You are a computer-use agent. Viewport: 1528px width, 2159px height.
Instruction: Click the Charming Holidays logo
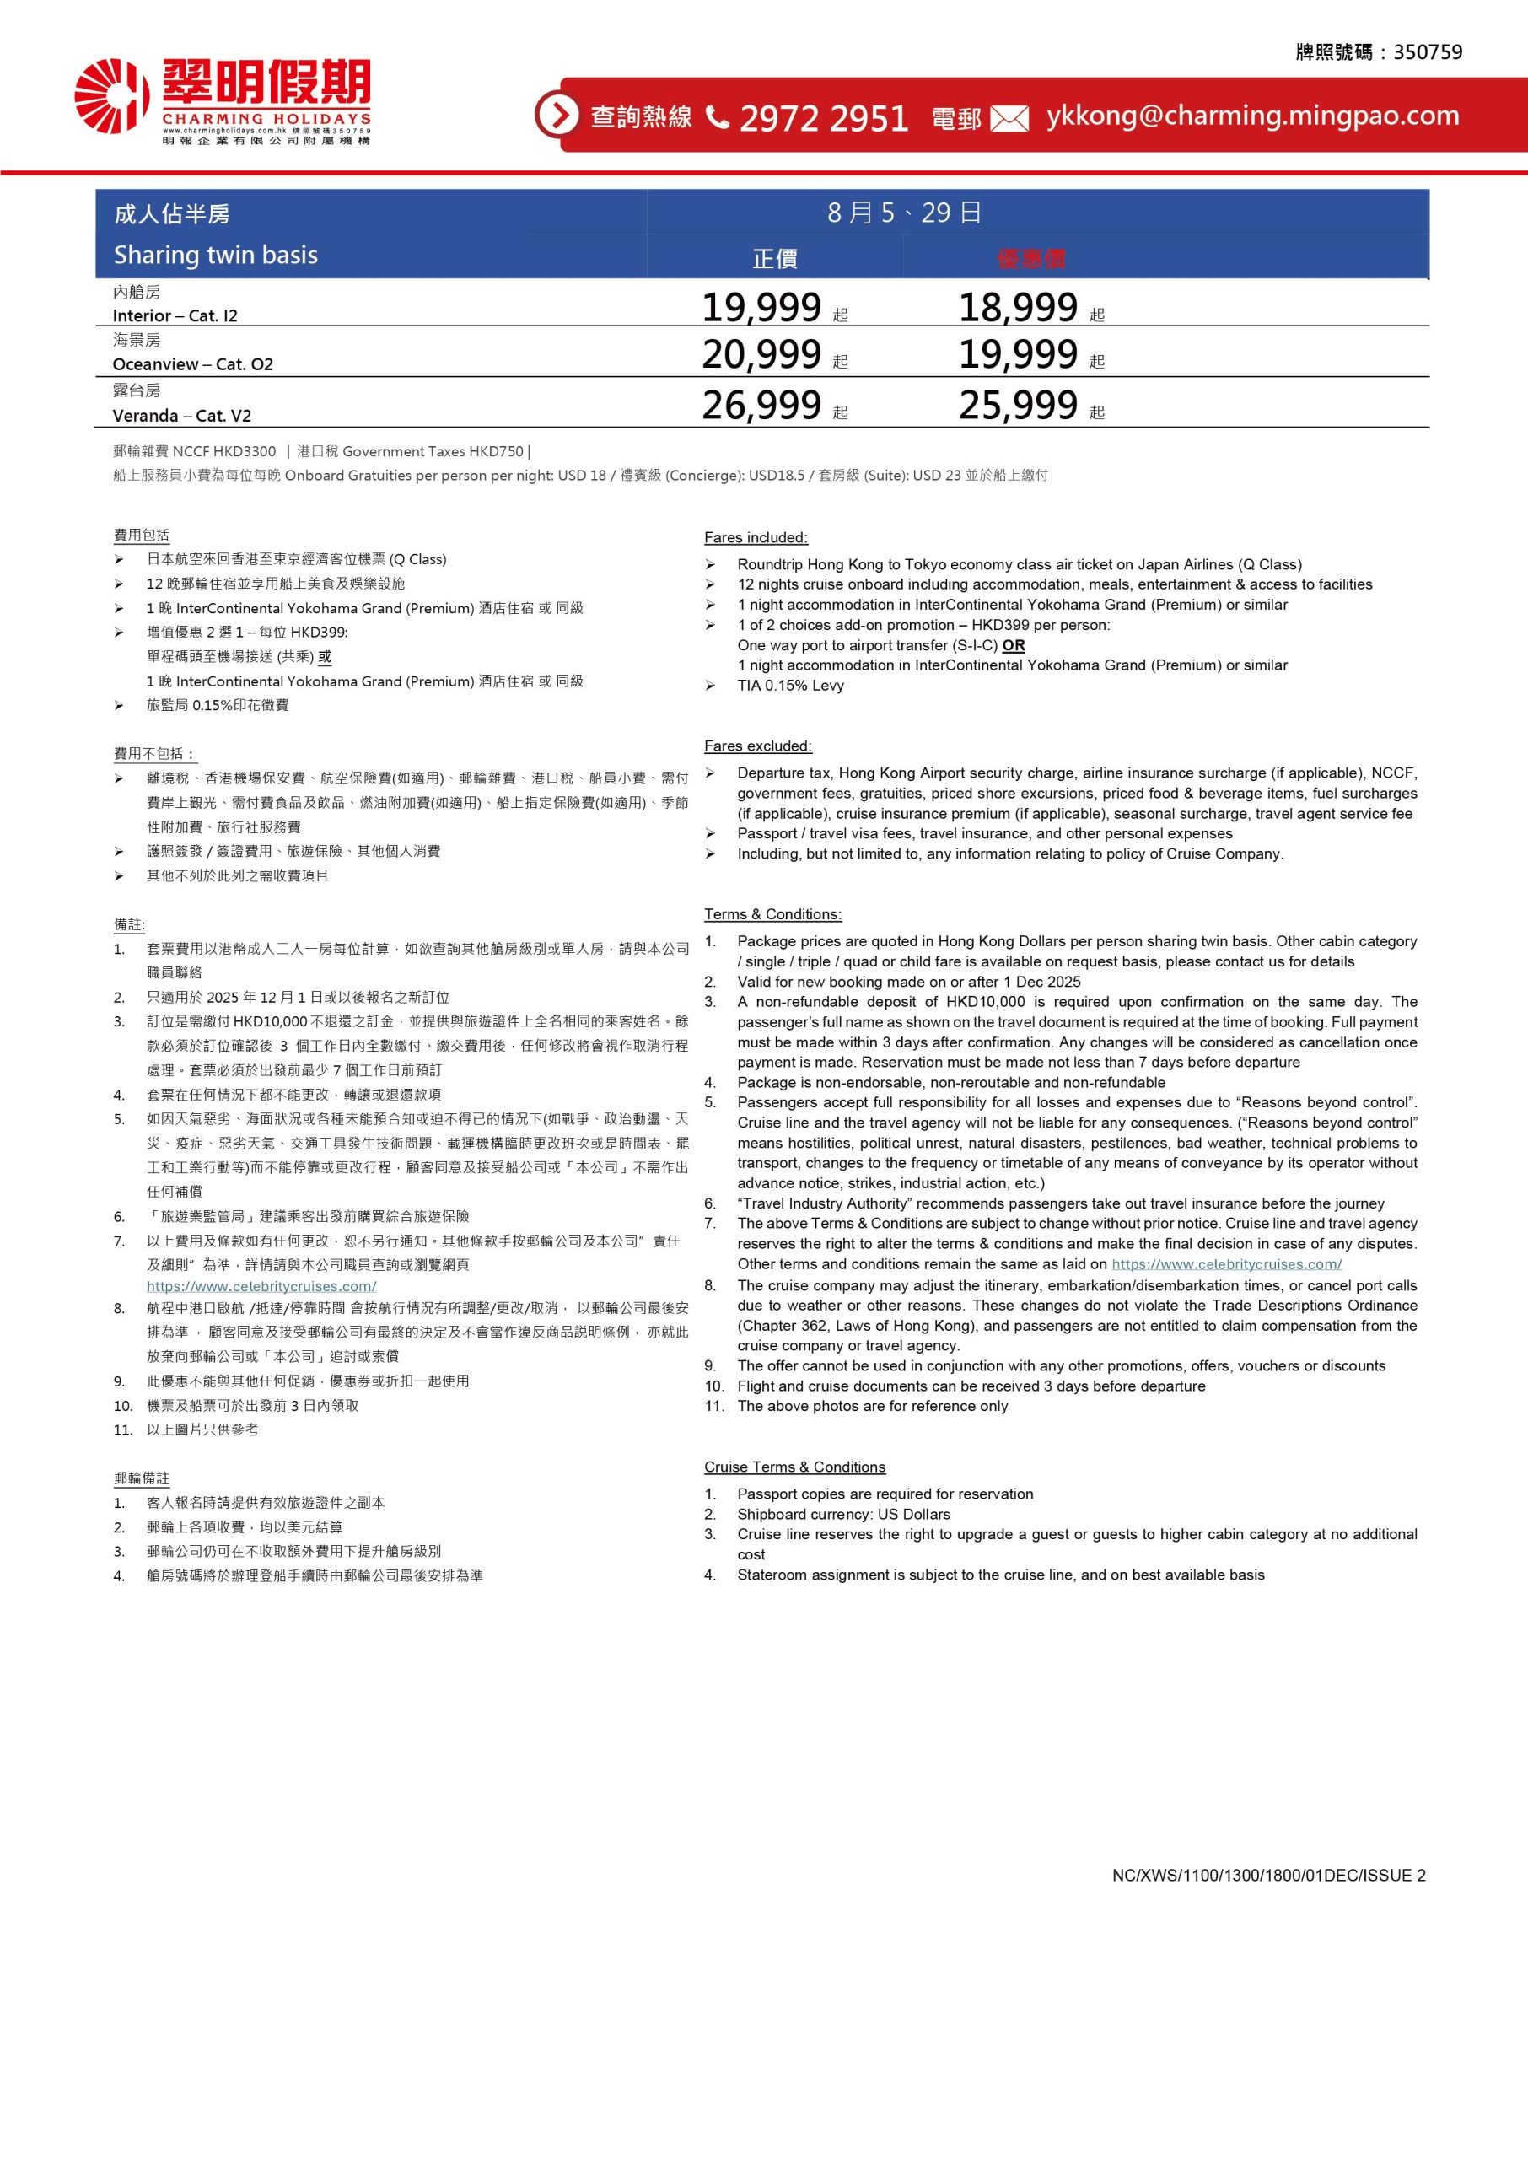point(222,100)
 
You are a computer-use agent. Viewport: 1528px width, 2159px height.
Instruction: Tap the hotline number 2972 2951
point(823,117)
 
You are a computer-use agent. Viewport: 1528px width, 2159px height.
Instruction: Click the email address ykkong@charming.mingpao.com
point(1252,115)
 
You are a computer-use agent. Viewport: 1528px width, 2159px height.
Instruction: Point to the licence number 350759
point(1428,52)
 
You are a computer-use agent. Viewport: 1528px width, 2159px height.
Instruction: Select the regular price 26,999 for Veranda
point(762,405)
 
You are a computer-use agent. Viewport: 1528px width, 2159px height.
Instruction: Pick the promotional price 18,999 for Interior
point(1018,308)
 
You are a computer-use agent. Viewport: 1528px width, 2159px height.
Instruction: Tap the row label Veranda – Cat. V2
point(181,416)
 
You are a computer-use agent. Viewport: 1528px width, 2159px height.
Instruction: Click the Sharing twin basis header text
point(216,255)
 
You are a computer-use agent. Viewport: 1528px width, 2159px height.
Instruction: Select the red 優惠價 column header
point(1031,259)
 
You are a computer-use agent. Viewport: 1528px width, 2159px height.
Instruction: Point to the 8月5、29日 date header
point(904,213)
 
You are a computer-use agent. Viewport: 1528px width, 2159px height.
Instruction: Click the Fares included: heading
point(756,538)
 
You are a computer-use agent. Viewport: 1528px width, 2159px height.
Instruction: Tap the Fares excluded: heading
point(757,746)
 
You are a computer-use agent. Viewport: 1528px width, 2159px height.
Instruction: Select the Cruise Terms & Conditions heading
point(794,1467)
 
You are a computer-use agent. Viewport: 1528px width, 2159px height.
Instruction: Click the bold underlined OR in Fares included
point(1014,645)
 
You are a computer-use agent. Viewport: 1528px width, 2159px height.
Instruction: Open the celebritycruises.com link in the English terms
point(1226,1264)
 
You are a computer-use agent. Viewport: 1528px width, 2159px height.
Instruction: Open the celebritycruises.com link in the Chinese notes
point(261,1286)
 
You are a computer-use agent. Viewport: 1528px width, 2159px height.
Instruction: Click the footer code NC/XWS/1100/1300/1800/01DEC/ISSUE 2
point(1268,1875)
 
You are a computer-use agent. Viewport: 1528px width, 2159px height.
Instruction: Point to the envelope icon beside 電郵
point(1009,119)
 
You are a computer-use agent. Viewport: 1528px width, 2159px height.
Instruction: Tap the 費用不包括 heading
point(155,753)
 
